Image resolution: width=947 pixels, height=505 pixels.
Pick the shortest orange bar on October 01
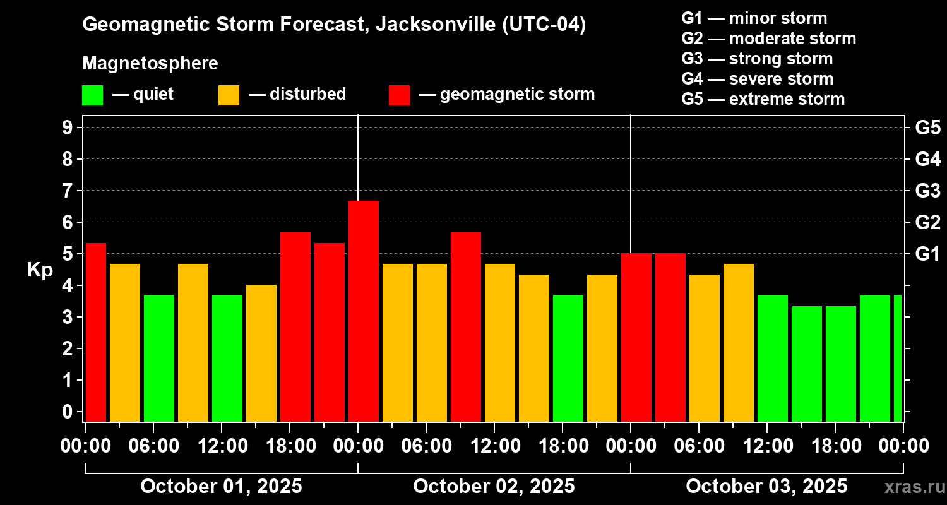coord(261,353)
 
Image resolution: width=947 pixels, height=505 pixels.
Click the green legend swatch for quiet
coord(92,95)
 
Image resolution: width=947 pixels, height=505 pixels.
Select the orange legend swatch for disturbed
coord(229,95)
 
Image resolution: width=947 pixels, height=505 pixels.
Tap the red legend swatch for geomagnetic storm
coord(399,95)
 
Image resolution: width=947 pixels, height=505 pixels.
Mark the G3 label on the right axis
coord(927,191)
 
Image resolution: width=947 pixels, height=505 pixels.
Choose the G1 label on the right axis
coord(927,254)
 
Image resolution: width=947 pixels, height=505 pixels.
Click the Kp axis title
coord(40,270)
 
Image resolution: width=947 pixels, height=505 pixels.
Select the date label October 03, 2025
coord(766,487)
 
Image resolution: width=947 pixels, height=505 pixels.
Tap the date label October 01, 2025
coord(221,487)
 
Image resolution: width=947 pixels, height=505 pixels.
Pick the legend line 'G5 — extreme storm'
coord(763,99)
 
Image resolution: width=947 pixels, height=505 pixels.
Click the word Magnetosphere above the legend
coord(150,64)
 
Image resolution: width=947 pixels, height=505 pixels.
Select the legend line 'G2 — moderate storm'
coord(768,39)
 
